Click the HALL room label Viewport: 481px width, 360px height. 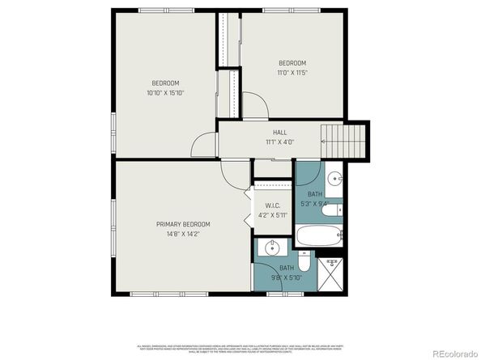(x=279, y=132)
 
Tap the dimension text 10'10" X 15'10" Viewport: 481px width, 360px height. (x=164, y=93)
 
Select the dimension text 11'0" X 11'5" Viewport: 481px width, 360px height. (x=292, y=73)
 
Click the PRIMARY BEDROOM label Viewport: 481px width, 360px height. (x=183, y=224)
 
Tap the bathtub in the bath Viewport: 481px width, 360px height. (x=319, y=237)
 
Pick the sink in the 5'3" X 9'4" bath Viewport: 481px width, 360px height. (x=333, y=179)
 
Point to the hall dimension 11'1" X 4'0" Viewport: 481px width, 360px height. (x=279, y=142)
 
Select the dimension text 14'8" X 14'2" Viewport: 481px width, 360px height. (x=183, y=234)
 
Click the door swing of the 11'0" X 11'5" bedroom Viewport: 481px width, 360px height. (x=253, y=105)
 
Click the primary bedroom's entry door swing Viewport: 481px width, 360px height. (x=232, y=171)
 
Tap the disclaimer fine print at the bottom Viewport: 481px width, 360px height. (x=240, y=345)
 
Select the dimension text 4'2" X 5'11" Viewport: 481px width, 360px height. (x=271, y=215)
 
